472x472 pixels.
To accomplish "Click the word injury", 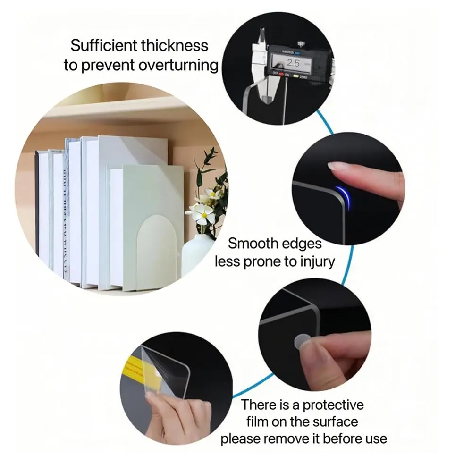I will pyautogui.click(x=314, y=261).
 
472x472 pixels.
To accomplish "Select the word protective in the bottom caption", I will pyautogui.click(x=333, y=405).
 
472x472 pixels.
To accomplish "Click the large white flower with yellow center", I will pyautogui.click(x=202, y=213).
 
